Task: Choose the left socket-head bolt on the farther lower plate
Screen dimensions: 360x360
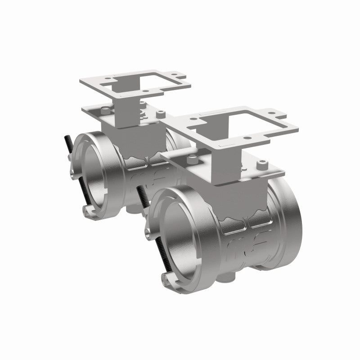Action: coord(105,109)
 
